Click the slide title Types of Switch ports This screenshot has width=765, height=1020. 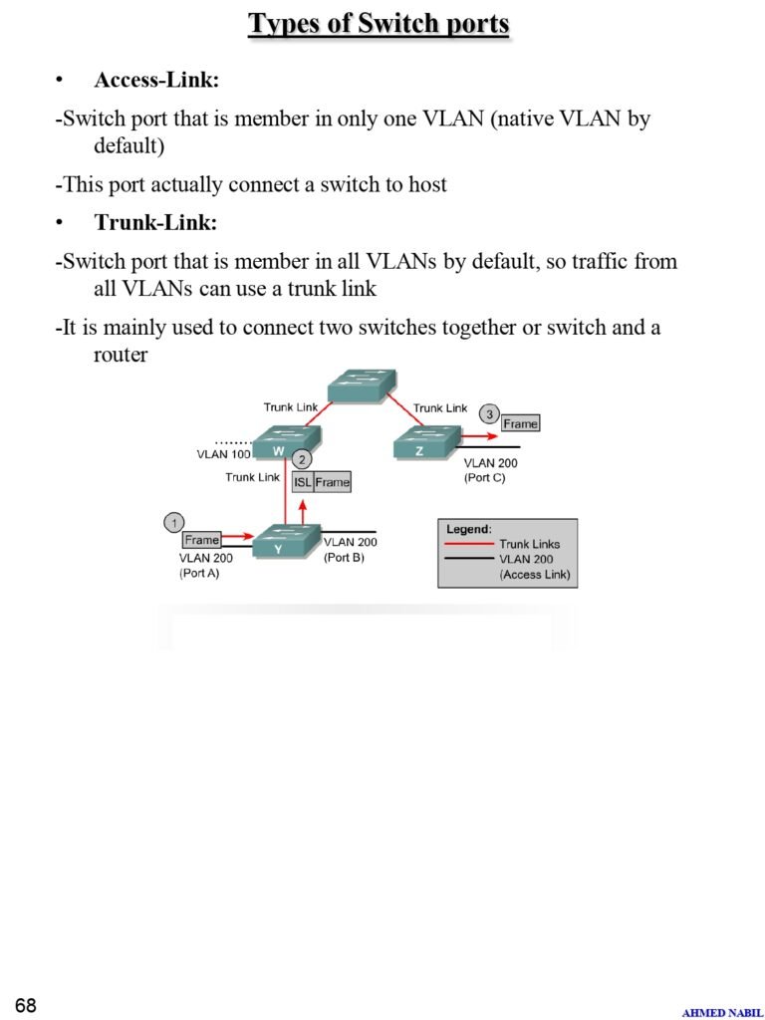(379, 23)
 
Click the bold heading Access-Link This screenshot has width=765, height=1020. (156, 81)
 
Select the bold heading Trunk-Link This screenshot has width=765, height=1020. (155, 222)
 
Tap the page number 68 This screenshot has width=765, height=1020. (26, 1005)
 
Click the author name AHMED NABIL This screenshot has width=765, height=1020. (722, 1012)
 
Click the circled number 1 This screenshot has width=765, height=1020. (174, 522)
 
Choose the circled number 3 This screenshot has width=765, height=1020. (488, 414)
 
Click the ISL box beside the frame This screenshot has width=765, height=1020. (303, 482)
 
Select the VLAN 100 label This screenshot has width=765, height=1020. (224, 454)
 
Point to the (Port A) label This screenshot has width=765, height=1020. (199, 573)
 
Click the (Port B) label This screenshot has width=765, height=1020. (344, 557)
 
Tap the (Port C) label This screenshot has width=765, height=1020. (485, 478)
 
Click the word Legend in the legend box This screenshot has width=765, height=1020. (469, 529)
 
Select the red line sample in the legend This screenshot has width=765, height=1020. (469, 544)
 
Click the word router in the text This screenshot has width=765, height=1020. (121, 355)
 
